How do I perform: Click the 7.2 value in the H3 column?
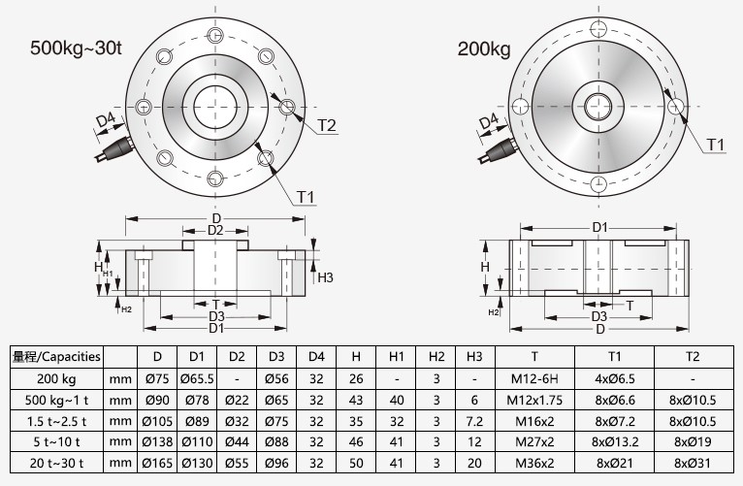coord(473,422)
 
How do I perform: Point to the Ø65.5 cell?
coord(197,378)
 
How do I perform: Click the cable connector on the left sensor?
coord(110,149)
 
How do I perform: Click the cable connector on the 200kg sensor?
coord(500,149)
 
